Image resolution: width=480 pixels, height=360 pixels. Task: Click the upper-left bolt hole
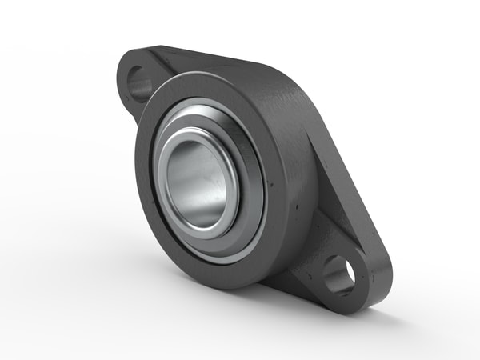pos(141,83)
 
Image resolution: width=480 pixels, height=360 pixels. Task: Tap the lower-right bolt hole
pos(340,275)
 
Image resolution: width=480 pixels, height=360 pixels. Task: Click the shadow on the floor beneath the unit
pos(264,308)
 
